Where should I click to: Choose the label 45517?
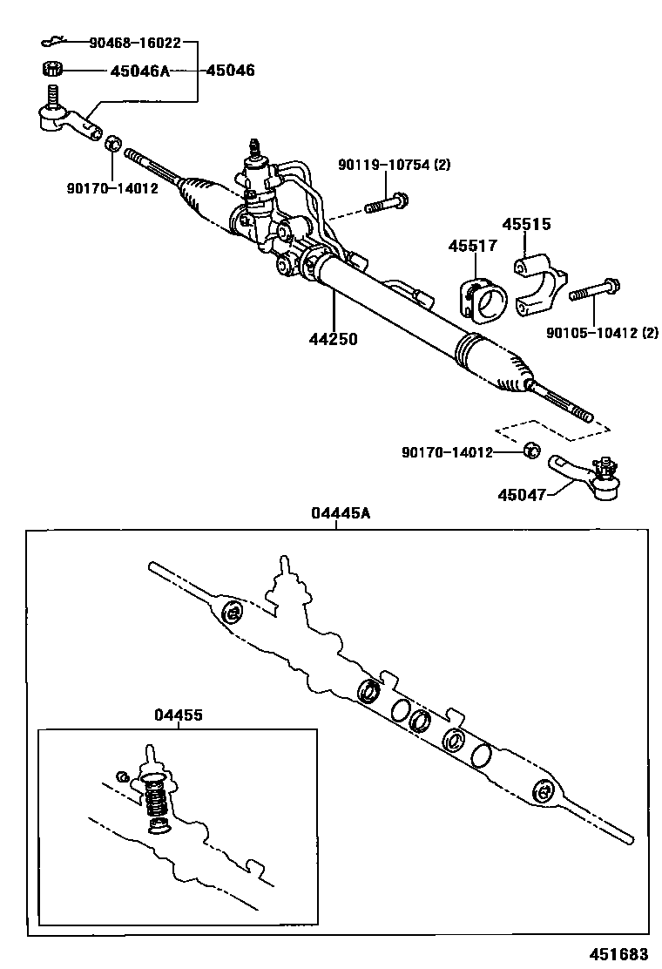[x=472, y=247]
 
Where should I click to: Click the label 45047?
[x=522, y=494]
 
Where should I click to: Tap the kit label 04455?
[x=179, y=715]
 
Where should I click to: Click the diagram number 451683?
[x=622, y=952]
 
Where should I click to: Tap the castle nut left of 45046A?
[x=51, y=70]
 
